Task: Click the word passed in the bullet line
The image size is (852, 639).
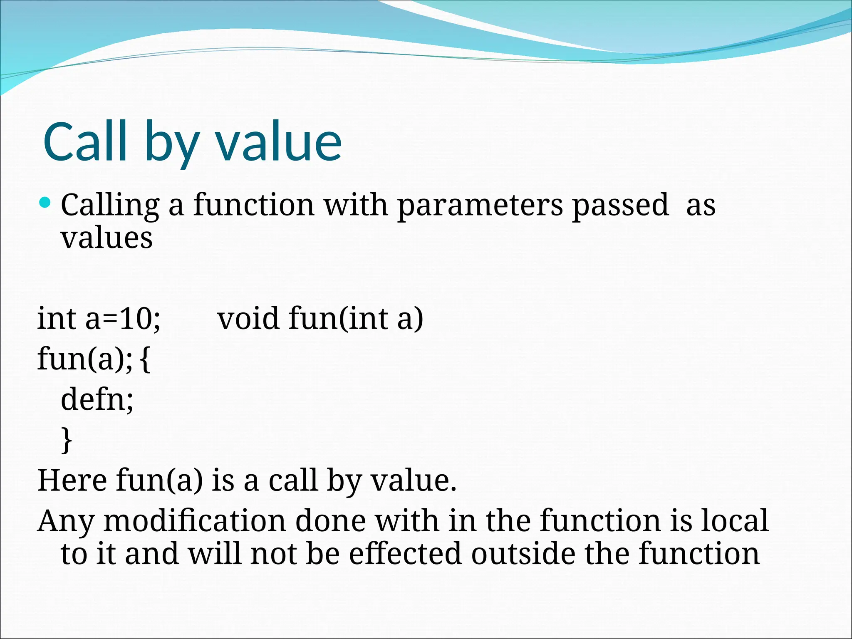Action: (620, 205)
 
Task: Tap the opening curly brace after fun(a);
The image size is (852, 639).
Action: (145, 359)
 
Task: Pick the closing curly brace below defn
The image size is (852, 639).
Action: (67, 440)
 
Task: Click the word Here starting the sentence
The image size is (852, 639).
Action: (72, 480)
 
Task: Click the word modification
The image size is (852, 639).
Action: (194, 521)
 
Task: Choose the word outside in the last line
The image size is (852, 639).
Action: (523, 554)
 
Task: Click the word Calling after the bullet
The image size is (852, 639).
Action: (110, 205)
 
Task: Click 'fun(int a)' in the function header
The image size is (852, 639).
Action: (356, 319)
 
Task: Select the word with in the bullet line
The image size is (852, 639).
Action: (356, 205)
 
